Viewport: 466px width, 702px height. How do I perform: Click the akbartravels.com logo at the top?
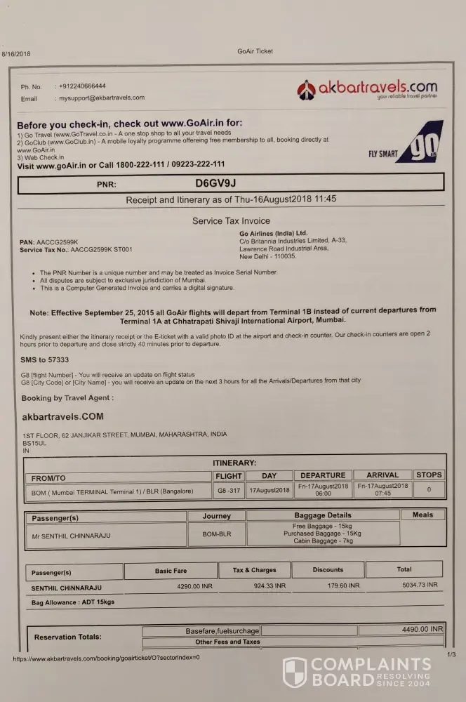click(x=367, y=89)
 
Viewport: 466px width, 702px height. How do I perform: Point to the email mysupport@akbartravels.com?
click(x=102, y=98)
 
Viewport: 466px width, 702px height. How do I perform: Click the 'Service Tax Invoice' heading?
click(x=230, y=220)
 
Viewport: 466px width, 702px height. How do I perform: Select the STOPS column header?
click(x=429, y=475)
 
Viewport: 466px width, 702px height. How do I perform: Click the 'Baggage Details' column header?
click(x=322, y=515)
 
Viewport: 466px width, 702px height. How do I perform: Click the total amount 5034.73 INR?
click(x=417, y=584)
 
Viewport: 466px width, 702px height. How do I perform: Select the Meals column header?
click(x=422, y=515)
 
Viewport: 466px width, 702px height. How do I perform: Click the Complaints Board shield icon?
click(x=294, y=672)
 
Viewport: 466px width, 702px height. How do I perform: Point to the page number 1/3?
click(x=451, y=654)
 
